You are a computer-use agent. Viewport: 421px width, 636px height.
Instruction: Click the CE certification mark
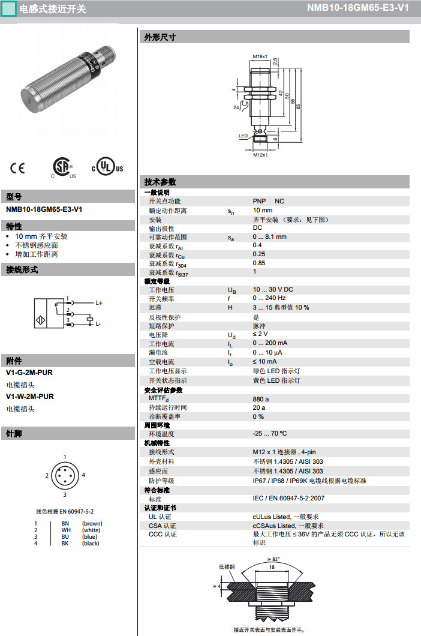18,169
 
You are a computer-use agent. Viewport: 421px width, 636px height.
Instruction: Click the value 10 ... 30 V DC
273,290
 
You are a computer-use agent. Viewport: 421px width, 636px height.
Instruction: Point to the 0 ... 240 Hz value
269,298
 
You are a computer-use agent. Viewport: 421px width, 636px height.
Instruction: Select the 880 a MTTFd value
261,398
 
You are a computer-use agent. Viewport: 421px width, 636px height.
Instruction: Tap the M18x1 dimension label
260,56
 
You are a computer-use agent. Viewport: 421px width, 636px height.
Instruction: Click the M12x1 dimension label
259,155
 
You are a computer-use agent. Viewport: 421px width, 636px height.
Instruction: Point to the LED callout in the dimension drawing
243,136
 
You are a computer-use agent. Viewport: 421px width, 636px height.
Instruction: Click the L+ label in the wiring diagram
99,303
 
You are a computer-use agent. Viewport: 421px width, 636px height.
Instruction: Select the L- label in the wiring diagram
98,323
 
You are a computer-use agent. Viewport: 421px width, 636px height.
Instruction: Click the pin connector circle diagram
65,475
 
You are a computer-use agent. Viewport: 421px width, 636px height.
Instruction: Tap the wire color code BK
65,544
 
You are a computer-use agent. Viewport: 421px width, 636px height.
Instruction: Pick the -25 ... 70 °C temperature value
270,433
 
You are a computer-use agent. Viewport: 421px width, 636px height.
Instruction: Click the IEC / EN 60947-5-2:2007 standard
288,499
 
